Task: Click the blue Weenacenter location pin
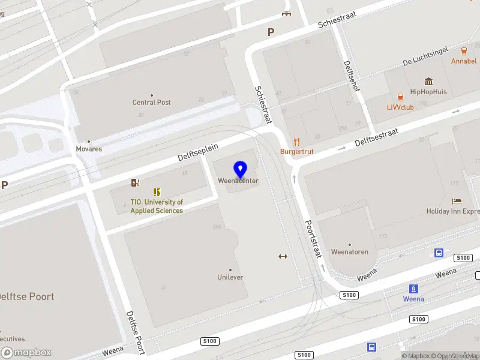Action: click(x=241, y=169)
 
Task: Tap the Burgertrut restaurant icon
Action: click(x=296, y=142)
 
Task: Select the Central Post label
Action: click(x=151, y=103)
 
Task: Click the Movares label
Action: click(x=89, y=149)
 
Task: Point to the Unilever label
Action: click(x=230, y=277)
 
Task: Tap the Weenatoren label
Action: click(x=350, y=252)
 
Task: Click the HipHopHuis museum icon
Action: click(x=429, y=82)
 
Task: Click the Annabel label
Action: click(x=464, y=61)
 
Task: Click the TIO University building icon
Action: click(x=157, y=192)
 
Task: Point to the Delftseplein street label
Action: click(x=198, y=152)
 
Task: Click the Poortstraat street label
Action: click(x=313, y=238)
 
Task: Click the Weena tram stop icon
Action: click(x=413, y=289)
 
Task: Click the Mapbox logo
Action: click(x=26, y=353)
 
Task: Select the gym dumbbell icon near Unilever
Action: click(x=283, y=256)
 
